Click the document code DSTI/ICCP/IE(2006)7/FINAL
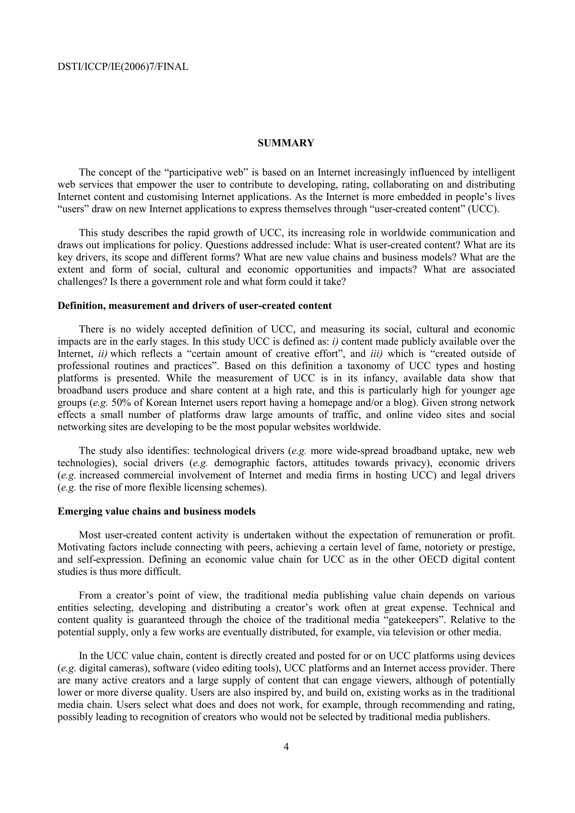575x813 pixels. [123, 66]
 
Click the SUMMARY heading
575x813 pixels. [286, 143]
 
